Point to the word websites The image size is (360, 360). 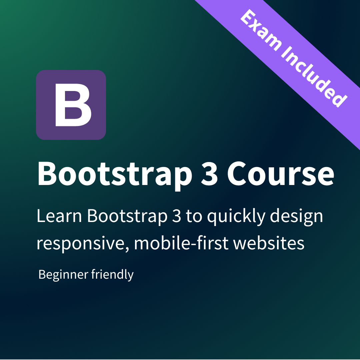point(269,243)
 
